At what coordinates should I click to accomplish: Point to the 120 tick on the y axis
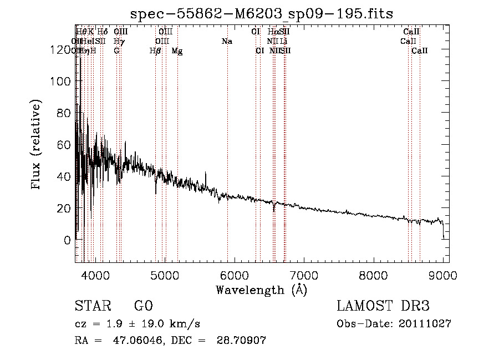65,49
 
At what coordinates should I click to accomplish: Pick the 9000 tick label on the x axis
443,275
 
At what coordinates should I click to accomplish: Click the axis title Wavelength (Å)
261,290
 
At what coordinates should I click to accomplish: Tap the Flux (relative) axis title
37,146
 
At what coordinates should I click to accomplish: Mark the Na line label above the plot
227,41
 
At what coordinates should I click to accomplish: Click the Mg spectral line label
177,51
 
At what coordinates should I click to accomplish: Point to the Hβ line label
155,51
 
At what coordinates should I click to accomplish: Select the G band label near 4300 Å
116,51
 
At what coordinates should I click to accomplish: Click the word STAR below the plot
93,306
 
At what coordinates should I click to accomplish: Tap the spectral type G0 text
143,306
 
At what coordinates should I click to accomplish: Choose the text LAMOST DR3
383,306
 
